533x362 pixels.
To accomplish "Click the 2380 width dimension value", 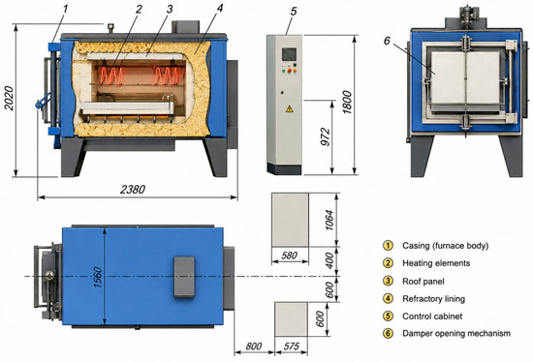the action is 133,189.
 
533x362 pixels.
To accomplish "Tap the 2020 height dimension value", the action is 9,99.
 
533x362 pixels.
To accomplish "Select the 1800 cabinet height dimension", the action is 347,103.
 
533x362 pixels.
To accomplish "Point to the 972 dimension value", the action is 326,136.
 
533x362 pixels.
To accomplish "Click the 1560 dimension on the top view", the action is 98,278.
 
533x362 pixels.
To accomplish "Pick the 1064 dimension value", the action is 329,220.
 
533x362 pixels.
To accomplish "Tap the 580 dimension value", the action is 290,256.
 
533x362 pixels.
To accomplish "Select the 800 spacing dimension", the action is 254,347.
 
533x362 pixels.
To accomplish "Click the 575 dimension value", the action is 292,347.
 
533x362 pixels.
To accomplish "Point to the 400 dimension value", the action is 329,260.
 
